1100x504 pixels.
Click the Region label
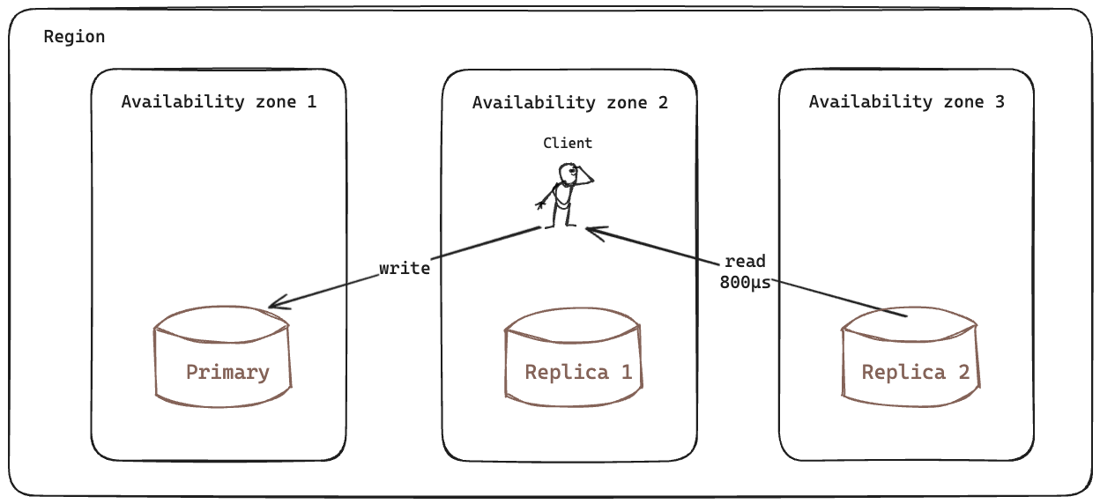click(74, 37)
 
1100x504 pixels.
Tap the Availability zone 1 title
click(219, 101)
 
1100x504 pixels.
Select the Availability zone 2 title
click(569, 102)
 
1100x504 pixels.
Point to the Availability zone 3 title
click(906, 101)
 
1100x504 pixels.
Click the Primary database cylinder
click(222, 357)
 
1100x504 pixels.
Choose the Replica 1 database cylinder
click(574, 357)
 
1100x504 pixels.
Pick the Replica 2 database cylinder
click(910, 357)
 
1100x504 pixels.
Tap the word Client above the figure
click(568, 143)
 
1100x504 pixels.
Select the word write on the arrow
click(405, 268)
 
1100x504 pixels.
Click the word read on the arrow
click(745, 262)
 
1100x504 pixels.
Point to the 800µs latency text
click(745, 283)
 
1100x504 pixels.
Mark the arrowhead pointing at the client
click(592, 232)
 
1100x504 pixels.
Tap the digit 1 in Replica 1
click(626, 372)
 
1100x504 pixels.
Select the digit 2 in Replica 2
click(963, 372)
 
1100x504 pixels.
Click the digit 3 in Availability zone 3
click(999, 101)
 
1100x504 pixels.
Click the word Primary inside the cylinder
click(227, 372)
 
